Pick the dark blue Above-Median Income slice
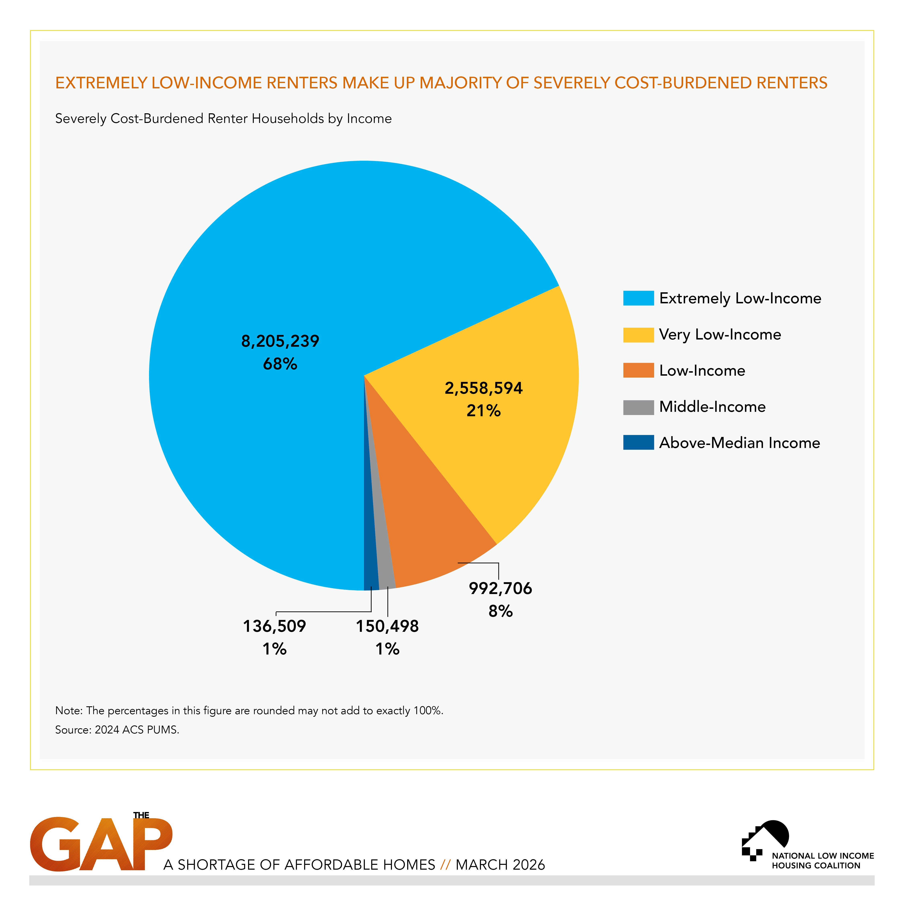371,573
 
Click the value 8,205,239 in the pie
280,341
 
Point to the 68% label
280,364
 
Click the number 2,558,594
483,388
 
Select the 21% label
483,411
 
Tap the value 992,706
500,588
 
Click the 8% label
500,611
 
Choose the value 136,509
274,626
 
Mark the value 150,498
387,626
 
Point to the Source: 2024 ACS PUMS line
117,729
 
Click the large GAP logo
101,845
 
